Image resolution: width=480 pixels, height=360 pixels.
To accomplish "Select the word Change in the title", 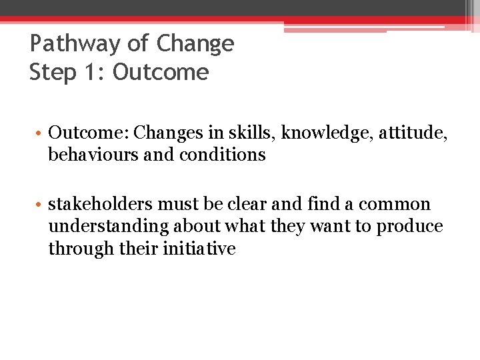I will point(195,44).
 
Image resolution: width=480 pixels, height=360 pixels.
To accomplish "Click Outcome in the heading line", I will point(161,72).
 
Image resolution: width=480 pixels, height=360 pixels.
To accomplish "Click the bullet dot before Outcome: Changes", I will point(41,133).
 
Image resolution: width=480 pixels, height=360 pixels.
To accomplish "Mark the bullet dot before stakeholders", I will point(41,204).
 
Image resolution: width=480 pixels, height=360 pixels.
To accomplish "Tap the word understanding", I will point(109,227).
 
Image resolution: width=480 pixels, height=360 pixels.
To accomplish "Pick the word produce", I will point(409,227).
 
